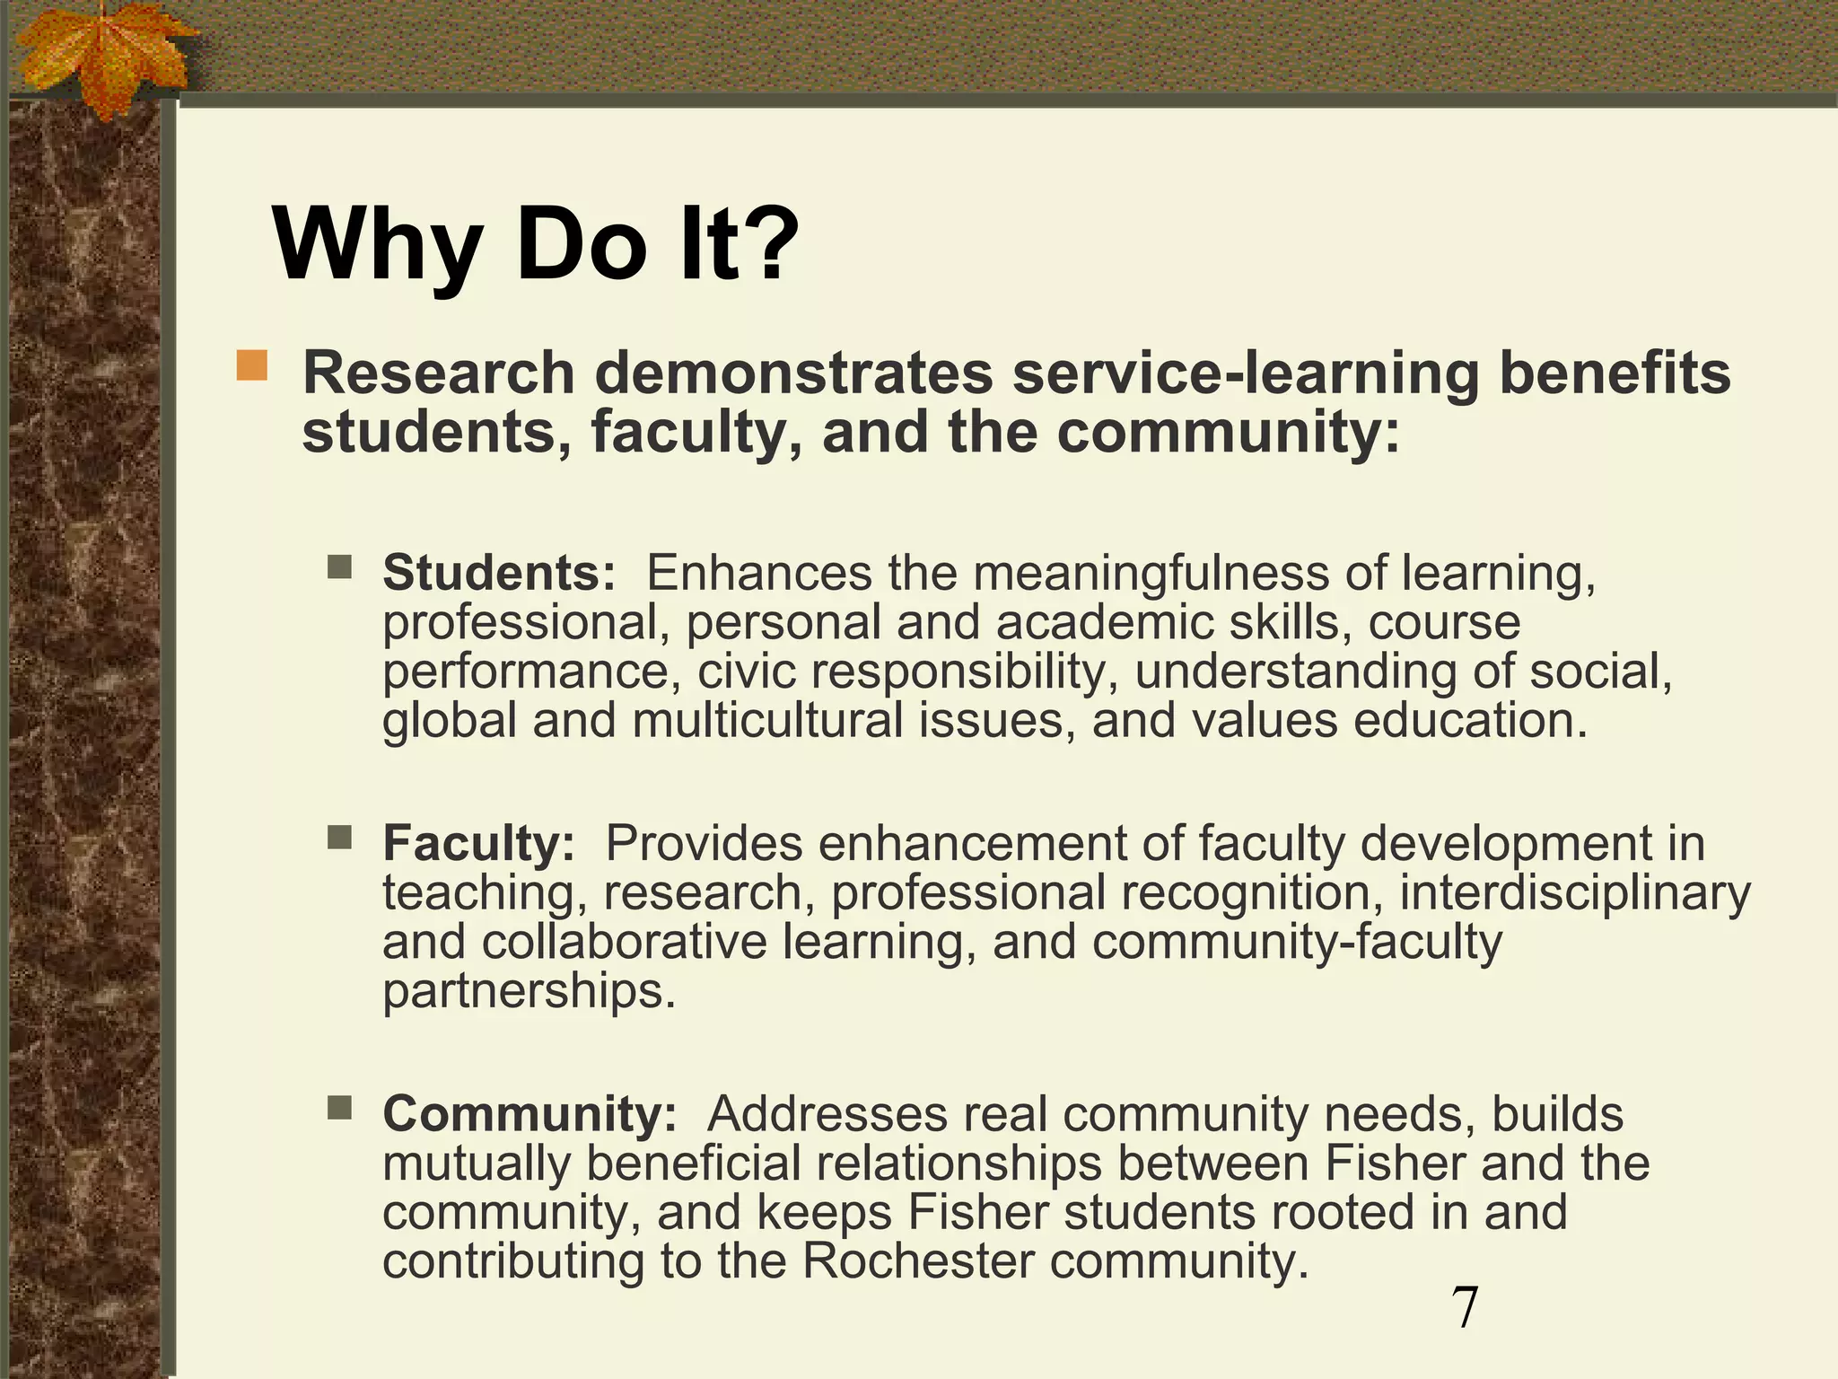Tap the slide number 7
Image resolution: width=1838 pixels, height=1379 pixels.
point(1465,1308)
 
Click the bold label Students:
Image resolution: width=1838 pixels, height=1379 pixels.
point(499,573)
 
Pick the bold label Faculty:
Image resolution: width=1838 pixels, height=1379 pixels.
point(478,843)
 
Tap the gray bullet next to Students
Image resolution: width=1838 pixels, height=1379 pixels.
point(340,567)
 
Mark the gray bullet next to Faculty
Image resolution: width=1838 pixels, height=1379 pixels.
point(340,838)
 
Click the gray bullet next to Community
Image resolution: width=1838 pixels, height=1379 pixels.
point(340,1109)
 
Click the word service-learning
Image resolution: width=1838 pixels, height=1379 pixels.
point(1246,373)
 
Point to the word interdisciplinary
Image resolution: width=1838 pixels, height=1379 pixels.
point(1575,893)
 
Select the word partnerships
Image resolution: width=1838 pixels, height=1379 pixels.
point(529,991)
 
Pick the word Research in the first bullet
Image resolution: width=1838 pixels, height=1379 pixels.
point(438,373)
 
